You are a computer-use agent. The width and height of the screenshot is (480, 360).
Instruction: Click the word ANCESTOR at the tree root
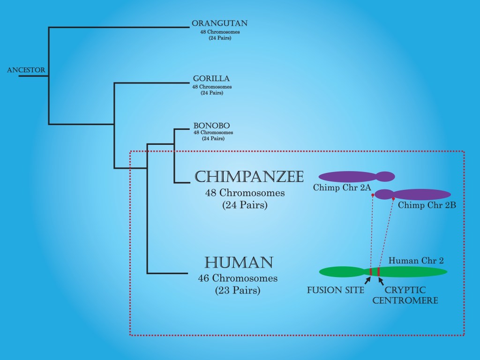pyautogui.click(x=26, y=70)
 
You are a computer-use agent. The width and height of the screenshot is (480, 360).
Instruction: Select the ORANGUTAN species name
pyautogui.click(x=219, y=23)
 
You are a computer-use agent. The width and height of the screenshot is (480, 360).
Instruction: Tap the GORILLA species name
pyautogui.click(x=211, y=79)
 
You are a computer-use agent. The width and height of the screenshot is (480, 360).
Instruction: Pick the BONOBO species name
pyautogui.click(x=212, y=126)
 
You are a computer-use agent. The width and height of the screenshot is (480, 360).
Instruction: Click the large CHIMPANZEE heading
pyautogui.click(x=249, y=177)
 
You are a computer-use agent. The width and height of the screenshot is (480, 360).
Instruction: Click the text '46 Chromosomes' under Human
pyautogui.click(x=238, y=278)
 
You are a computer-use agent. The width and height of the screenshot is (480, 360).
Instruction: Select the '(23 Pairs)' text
pyautogui.click(x=238, y=290)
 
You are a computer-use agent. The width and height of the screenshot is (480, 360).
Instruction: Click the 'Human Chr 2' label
pyautogui.click(x=416, y=261)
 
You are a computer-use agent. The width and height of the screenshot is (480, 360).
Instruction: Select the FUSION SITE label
pyautogui.click(x=336, y=290)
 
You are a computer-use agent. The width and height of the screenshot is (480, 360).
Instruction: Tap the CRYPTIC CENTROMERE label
pyautogui.click(x=405, y=295)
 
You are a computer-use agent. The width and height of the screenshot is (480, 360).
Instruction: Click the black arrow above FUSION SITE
pyautogui.click(x=368, y=280)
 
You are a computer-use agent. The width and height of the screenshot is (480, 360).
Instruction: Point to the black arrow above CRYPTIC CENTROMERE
pyautogui.click(x=381, y=280)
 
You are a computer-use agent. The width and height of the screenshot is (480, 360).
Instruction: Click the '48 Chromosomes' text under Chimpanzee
pyautogui.click(x=245, y=193)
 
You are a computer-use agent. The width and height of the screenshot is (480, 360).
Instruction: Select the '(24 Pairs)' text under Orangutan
pyautogui.click(x=220, y=37)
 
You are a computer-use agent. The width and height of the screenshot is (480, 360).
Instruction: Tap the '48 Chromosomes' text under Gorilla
pyautogui.click(x=212, y=87)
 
